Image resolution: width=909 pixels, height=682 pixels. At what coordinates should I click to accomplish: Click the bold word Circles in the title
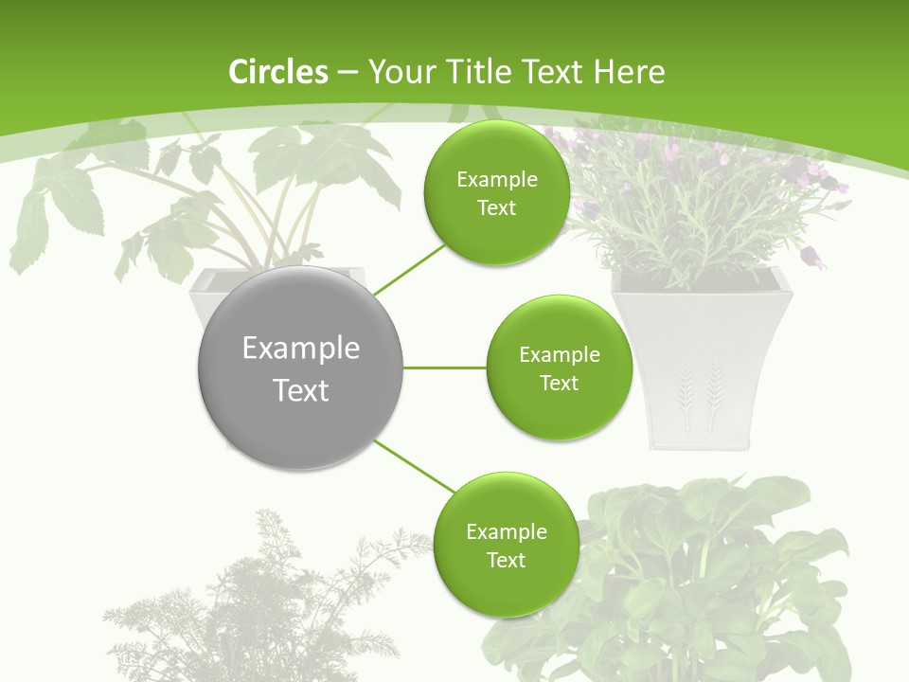pyautogui.click(x=277, y=72)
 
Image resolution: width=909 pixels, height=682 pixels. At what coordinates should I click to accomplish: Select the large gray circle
pyautogui.click(x=301, y=368)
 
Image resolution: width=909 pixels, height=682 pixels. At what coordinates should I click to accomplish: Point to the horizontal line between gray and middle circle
pyautogui.click(x=445, y=368)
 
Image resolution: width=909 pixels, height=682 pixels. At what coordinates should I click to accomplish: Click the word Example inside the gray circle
pyautogui.click(x=301, y=349)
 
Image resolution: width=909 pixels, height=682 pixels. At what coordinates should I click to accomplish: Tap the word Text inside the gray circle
pyautogui.click(x=301, y=390)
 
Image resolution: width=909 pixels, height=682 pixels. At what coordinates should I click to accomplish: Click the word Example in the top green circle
pyautogui.click(x=496, y=180)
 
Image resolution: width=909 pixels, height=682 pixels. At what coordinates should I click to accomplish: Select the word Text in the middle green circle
pyautogui.click(x=559, y=384)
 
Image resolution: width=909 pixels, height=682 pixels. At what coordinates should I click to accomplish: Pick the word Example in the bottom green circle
pyautogui.click(x=506, y=532)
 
